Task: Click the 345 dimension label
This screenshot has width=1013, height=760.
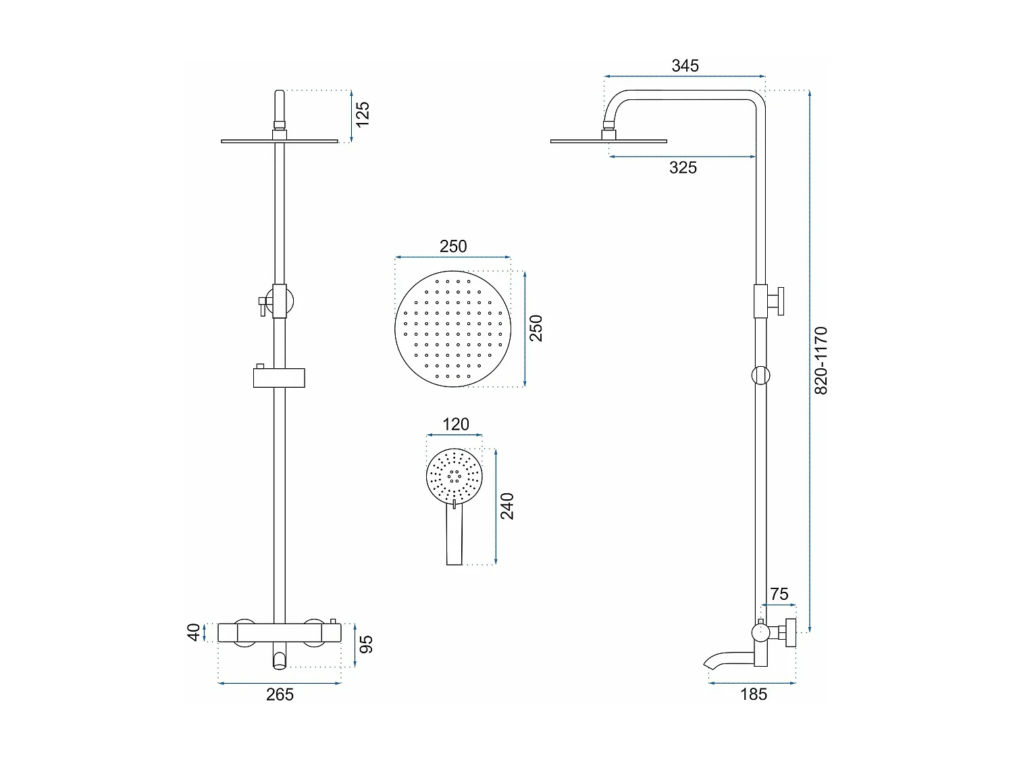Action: click(x=685, y=66)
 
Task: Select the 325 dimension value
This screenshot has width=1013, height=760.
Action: click(x=683, y=168)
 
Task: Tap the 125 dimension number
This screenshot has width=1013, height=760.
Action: click(x=363, y=114)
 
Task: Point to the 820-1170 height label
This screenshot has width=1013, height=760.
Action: click(x=821, y=361)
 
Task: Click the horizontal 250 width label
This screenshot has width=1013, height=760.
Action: click(x=453, y=247)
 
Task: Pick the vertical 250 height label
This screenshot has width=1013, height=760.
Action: click(x=536, y=328)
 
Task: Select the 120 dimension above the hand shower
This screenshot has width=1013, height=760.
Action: click(x=455, y=424)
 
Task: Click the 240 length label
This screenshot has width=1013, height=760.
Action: click(x=507, y=506)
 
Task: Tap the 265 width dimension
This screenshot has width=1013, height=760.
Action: click(x=280, y=694)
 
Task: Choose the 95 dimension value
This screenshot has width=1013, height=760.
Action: click(x=366, y=644)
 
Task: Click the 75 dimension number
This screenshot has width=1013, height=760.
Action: click(x=779, y=594)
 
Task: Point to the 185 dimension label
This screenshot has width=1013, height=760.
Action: click(x=754, y=694)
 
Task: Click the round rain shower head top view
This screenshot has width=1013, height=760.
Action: click(x=453, y=329)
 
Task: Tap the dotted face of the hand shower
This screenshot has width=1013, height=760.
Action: click(x=454, y=476)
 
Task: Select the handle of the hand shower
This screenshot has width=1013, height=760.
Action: click(x=454, y=537)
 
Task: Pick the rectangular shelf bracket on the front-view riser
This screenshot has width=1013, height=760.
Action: click(x=280, y=378)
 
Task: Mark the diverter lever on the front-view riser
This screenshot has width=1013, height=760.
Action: click(x=260, y=305)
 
